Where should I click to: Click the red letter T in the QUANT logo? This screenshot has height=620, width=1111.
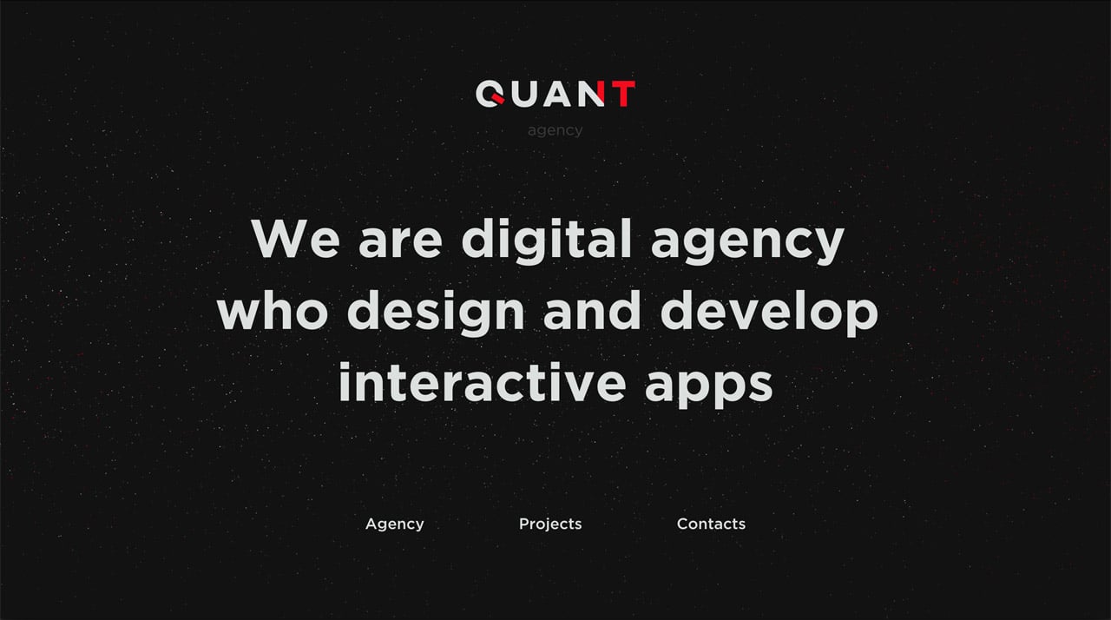621,94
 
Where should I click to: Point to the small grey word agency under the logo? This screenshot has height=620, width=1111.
555,131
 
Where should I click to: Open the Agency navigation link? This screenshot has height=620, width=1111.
395,524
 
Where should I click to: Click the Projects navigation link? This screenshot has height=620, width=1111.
550,524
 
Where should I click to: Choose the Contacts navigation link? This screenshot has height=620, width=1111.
711,524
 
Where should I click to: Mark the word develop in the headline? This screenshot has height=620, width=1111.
769,313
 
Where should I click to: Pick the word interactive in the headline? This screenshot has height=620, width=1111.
481,383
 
